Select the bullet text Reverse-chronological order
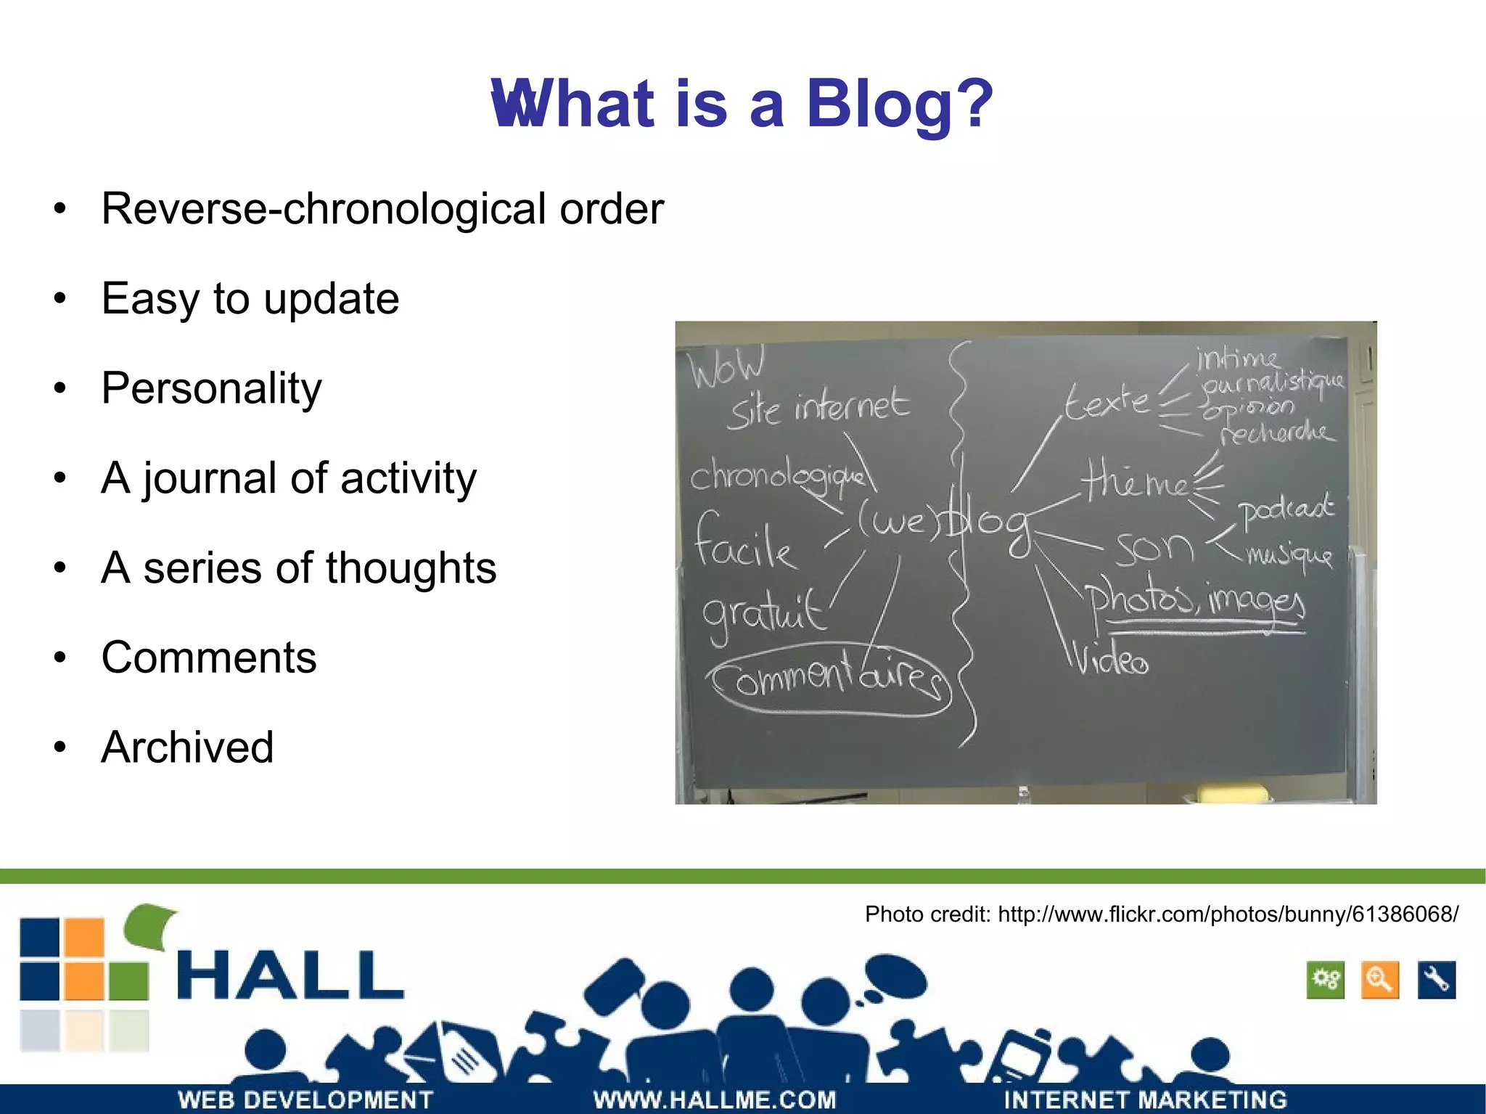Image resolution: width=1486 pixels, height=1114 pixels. point(382,209)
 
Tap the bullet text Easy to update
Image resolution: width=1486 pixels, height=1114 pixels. point(250,298)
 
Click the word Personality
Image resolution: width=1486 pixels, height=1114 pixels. point(211,388)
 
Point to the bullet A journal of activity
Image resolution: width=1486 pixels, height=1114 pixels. point(289,478)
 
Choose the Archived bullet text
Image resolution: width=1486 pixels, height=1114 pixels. point(187,748)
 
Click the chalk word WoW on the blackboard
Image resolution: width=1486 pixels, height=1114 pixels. point(726,367)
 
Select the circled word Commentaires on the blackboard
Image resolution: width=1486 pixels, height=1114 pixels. point(829,679)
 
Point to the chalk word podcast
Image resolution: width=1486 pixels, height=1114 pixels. point(1285,509)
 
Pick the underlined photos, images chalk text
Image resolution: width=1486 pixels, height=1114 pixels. point(1194,602)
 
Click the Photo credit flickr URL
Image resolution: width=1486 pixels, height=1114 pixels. point(1227,914)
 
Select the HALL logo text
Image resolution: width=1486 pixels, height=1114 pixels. point(290,976)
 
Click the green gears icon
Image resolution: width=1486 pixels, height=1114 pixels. point(1325,980)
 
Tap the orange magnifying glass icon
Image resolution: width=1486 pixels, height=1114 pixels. point(1379,980)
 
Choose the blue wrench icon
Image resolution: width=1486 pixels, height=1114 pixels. point(1436,980)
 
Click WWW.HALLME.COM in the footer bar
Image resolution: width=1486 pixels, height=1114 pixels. point(715,1099)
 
